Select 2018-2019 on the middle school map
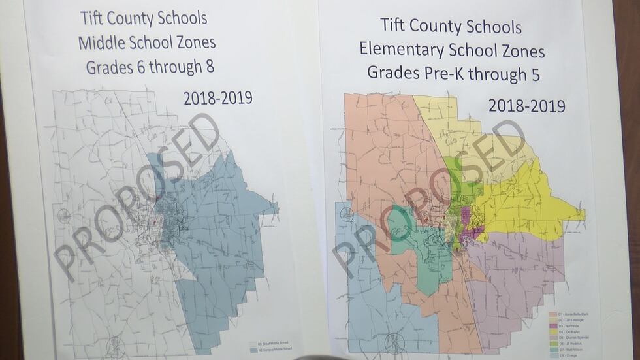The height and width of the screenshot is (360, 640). [x=217, y=98]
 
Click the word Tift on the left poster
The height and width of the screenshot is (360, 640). [x=93, y=18]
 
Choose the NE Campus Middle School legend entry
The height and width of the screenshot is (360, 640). [x=271, y=350]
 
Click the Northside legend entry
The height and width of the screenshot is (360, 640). [x=563, y=326]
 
